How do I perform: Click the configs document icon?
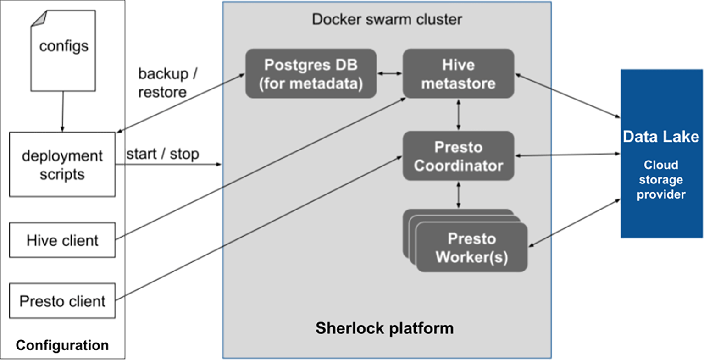point(63,51)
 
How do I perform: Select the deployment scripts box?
point(62,164)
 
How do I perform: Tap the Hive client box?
point(62,240)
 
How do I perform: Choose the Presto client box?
point(62,301)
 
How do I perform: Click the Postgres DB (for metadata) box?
point(311,73)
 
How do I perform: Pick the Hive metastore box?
point(458,73)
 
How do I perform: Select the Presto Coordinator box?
point(458,156)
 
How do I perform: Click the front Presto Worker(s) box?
point(472,247)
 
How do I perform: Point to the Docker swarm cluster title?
point(387,19)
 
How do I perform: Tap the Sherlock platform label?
point(385,328)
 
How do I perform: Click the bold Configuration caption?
point(62,345)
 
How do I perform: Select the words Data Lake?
point(661,137)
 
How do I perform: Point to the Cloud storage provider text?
point(661,180)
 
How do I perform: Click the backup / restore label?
point(168,83)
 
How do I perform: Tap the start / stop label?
point(162,154)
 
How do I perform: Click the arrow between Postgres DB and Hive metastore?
point(390,73)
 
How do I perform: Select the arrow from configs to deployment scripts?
point(62,111)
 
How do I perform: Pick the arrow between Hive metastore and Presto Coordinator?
point(458,115)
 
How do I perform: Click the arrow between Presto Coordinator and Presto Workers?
point(458,195)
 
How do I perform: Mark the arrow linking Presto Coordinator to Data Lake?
point(568,155)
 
